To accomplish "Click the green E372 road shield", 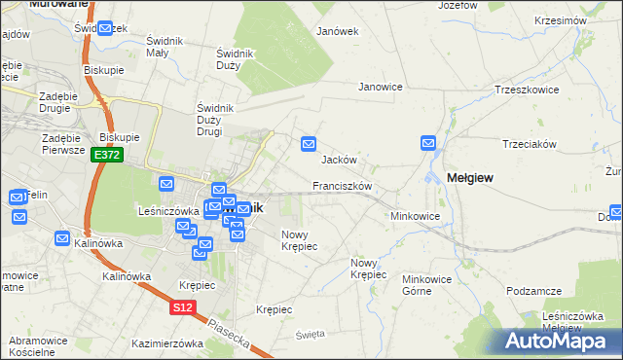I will click(107, 155).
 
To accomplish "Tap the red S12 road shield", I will click(181, 307).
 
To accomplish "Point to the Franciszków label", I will click(343, 185).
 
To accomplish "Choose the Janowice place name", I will click(381, 87).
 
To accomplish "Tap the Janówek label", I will click(338, 30).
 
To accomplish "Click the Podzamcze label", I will click(535, 291).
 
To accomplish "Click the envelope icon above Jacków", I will click(309, 144).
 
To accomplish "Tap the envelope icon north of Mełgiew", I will click(429, 144).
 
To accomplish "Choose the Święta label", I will click(309, 334).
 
